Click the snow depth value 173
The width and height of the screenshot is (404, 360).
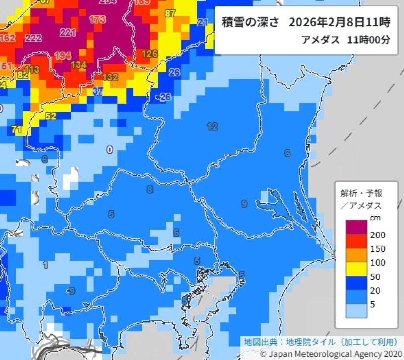coord(96,20)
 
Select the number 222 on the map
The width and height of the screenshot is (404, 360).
coord(33,39)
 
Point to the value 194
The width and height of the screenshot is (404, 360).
coord(63,55)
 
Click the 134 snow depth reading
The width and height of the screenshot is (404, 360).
coord(78,65)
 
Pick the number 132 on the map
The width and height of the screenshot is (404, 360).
coord(110,77)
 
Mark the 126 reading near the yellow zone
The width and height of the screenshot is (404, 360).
coord(149,53)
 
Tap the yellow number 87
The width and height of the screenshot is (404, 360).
coord(170,13)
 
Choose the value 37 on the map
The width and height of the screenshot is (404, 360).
coord(98,92)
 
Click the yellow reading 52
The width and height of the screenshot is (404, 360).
coord(50,116)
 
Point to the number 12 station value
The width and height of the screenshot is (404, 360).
coord(212,126)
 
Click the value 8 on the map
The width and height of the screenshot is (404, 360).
coord(149,190)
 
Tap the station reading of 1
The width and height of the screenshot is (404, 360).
coord(45,265)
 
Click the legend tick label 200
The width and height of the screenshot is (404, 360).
coord(378,235)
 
